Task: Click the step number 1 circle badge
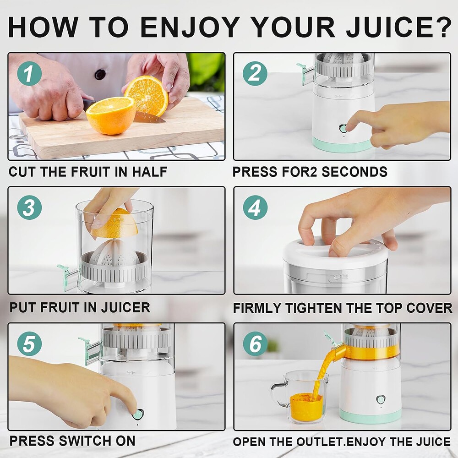pos(30,73)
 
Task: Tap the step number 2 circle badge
pos(255,73)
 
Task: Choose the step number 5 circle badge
pos(29,343)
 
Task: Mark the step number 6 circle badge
pos(255,343)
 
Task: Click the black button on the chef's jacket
pos(100,74)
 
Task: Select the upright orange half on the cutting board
pos(146,95)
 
